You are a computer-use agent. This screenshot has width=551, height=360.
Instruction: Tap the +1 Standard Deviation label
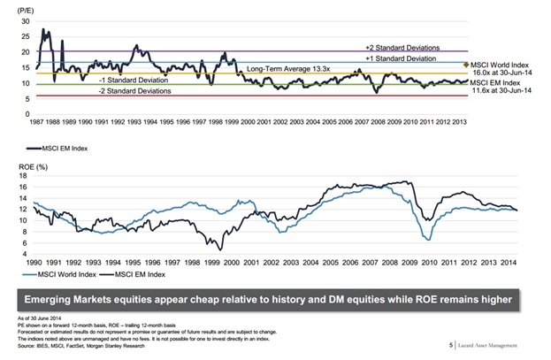point(401,57)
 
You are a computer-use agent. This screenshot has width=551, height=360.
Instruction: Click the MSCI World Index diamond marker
point(466,65)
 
